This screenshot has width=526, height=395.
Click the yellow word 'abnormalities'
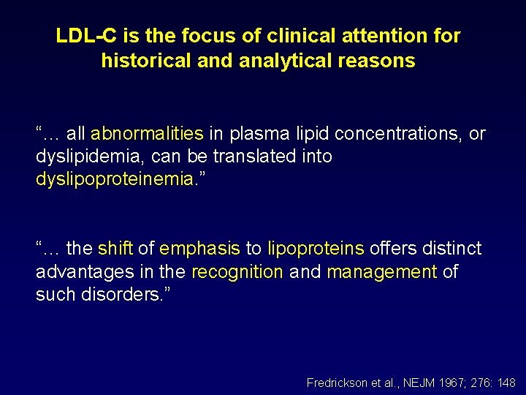pyautogui.click(x=147, y=134)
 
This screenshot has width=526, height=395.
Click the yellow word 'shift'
pyautogui.click(x=115, y=249)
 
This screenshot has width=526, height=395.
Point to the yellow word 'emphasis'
pyautogui.click(x=199, y=249)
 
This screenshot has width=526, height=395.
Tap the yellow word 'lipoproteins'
pyautogui.click(x=316, y=249)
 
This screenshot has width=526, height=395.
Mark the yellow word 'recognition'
pyautogui.click(x=237, y=272)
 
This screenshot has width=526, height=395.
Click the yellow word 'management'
pyautogui.click(x=382, y=272)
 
